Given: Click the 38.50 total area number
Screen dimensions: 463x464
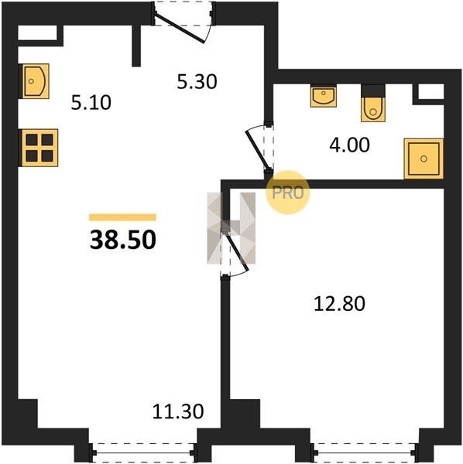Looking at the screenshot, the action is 122,240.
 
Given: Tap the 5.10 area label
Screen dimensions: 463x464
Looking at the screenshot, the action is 91,103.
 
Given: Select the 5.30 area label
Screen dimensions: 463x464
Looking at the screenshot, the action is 197,82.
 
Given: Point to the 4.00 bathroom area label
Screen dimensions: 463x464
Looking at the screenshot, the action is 349,145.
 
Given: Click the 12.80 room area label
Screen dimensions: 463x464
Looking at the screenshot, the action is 339,304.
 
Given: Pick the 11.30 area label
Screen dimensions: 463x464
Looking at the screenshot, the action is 178,411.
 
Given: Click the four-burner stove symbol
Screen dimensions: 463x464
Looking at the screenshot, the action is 39,148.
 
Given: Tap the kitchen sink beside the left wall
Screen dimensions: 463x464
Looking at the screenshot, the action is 34,81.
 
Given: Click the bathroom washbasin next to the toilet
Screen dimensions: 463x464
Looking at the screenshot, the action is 324,95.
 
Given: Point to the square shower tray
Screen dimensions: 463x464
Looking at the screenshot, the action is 424,159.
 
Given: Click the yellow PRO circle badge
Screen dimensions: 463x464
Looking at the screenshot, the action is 288,193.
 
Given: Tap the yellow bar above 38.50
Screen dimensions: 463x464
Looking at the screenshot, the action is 122,217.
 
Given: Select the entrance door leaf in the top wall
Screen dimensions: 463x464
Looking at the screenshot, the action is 179,28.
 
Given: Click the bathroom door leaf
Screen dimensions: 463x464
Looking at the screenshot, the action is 258,151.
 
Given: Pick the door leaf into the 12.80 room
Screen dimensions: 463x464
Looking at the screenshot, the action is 237,251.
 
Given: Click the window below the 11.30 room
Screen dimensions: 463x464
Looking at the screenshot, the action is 143,452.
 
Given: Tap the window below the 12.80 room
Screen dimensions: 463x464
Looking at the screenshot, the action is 365,452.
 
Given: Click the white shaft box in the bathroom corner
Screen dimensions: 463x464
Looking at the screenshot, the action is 430,91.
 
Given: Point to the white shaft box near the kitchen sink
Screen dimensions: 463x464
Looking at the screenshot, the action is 37,32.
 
